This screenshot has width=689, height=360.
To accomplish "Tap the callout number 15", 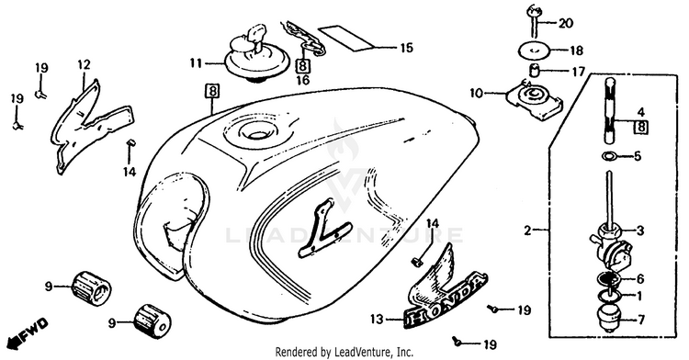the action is [407, 48].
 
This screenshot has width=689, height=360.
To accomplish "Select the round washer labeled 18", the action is [536, 51].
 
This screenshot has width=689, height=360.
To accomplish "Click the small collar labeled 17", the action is [534, 70].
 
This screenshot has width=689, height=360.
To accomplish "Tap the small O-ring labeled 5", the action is [608, 156].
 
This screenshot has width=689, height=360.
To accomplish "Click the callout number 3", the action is [640, 230].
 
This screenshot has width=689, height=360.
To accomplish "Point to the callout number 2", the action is [527, 230].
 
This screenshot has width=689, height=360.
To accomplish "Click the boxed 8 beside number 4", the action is [641, 128].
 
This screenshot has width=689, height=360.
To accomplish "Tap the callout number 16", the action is [303, 80].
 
